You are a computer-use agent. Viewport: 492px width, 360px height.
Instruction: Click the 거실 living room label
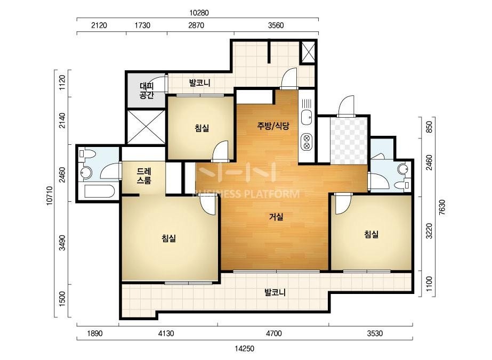[x=276, y=216]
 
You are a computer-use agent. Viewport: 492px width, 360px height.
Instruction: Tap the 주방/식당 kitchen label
[x=273, y=126]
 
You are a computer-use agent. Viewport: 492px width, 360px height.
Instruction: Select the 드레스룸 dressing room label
[x=144, y=176]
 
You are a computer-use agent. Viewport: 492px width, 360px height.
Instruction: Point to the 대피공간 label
[x=147, y=91]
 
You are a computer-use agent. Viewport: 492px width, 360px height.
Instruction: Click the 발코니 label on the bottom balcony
[x=275, y=292]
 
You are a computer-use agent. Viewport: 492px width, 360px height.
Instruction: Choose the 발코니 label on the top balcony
[x=199, y=83]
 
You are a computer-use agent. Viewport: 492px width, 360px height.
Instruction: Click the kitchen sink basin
[x=307, y=118]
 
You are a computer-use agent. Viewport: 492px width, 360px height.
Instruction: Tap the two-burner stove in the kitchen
[x=307, y=142]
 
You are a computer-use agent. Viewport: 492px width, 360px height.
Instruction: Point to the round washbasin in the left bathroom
[x=86, y=172]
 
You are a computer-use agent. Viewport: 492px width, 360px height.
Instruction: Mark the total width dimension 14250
[x=245, y=348]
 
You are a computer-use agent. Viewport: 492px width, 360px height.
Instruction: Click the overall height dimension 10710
[x=50, y=196]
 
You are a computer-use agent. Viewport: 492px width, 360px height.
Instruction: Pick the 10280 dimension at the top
[x=199, y=13]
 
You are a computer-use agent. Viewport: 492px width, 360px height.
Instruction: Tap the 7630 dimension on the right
[x=442, y=207]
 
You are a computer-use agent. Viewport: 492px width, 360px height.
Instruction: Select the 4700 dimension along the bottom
[x=273, y=333]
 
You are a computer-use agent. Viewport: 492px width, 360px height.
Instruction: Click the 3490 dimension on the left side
[x=62, y=243]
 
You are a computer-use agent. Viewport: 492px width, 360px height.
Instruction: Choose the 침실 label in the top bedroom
[x=201, y=128]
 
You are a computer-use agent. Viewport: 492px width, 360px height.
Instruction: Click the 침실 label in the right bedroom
[x=371, y=234]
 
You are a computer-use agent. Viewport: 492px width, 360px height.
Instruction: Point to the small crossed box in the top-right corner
[x=308, y=52]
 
